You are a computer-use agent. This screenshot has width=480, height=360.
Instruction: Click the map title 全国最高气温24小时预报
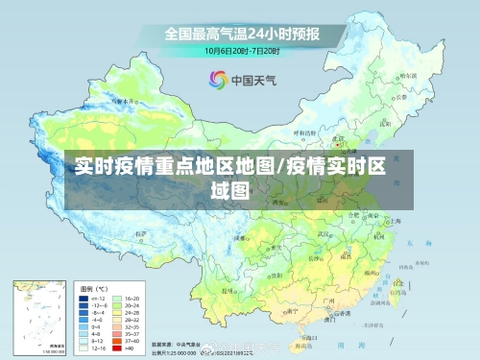point(241,34)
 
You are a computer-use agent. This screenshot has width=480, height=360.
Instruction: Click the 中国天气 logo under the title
point(240,80)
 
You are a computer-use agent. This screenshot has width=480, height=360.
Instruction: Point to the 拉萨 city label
point(145,233)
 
